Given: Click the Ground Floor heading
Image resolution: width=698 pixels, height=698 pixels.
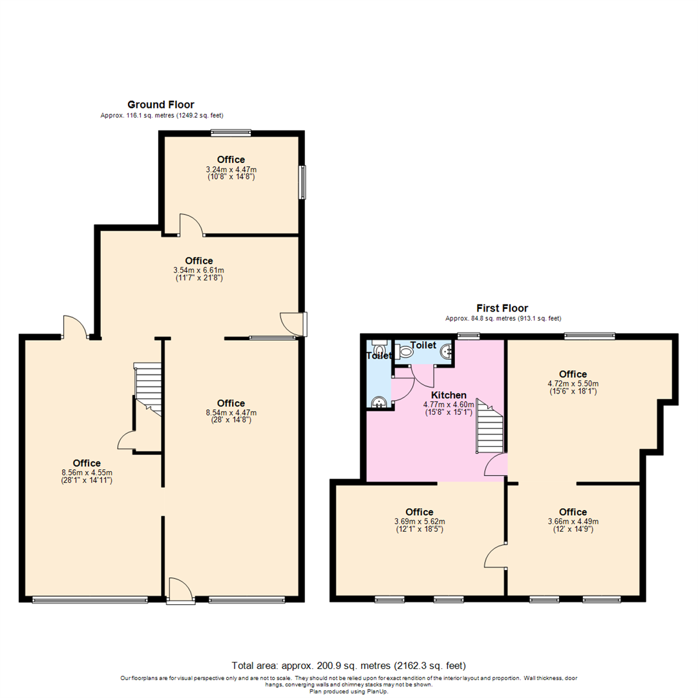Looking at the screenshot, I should point(160,105).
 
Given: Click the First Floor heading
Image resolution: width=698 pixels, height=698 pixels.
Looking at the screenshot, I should point(502,308).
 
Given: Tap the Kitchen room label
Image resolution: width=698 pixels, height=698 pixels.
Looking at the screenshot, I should point(449,395).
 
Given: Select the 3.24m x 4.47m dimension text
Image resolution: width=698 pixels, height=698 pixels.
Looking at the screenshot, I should point(231,169).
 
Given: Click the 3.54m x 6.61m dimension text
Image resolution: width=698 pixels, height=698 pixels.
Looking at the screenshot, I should point(198,270).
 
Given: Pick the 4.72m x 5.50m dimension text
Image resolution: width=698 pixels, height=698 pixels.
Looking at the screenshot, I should point(573,383).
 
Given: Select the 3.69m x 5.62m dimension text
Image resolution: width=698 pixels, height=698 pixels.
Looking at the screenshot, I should point(419,522).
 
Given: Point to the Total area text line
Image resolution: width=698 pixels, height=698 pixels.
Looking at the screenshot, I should point(348,665).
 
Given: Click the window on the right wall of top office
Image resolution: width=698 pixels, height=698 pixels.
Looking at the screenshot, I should point(302,182).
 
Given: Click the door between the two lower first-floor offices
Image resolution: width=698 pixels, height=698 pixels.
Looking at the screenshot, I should point(496,555).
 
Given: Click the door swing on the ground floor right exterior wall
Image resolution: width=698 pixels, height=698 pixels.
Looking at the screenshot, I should point(292,324).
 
